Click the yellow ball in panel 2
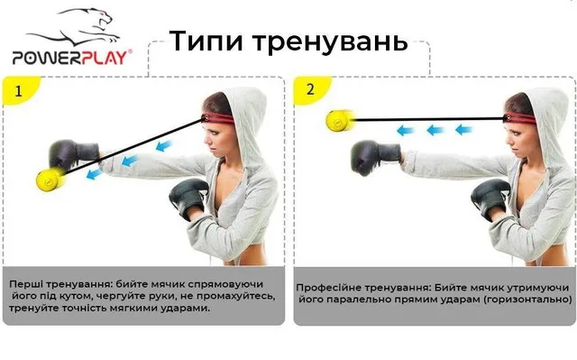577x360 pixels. pyautogui.click(x=340, y=120)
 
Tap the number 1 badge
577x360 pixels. pyautogui.click(x=18, y=91)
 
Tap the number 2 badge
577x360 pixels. pyautogui.click(x=310, y=89)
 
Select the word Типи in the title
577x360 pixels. pyautogui.click(x=206, y=41)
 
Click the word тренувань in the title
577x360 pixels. pyautogui.click(x=331, y=42)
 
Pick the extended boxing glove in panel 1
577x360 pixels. pyautogui.click(x=74, y=155)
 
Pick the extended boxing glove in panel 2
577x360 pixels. pyautogui.click(x=375, y=157)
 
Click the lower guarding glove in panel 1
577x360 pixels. pyautogui.click(x=188, y=198)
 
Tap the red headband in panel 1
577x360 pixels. pyautogui.click(x=218, y=118)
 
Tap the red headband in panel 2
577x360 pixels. pyautogui.click(x=519, y=118)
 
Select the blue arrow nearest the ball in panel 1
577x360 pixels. pyautogui.click(x=94, y=173)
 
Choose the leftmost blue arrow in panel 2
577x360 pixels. pyautogui.click(x=405, y=130)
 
